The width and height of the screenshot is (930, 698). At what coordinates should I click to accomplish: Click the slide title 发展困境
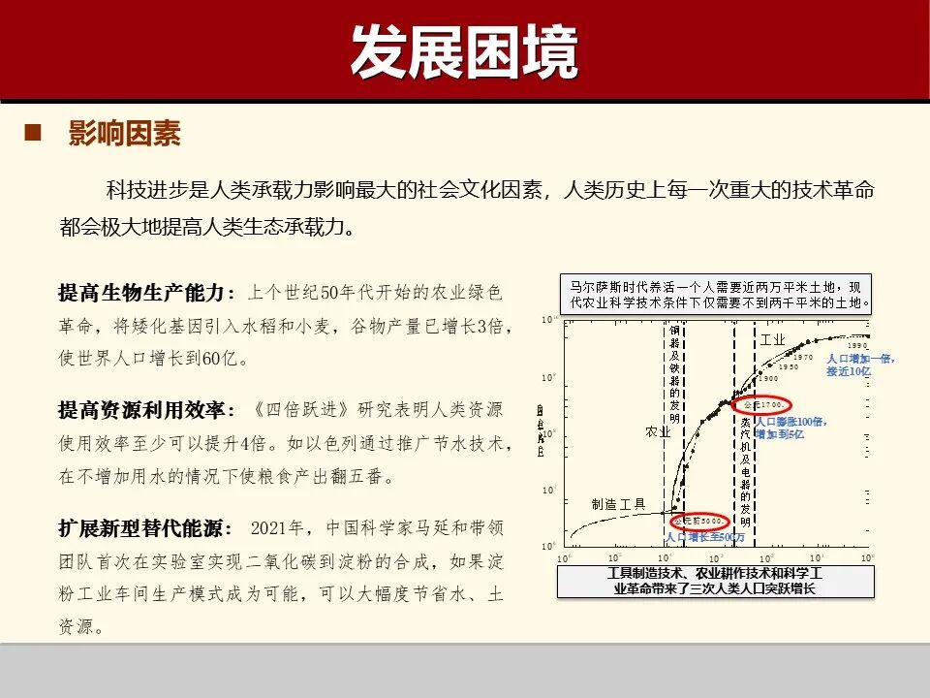(464, 51)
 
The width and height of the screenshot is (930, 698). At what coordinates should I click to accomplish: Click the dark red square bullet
(34, 133)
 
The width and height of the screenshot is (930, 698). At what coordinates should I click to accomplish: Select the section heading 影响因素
(124, 134)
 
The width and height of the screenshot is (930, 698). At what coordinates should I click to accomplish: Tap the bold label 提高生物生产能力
(146, 293)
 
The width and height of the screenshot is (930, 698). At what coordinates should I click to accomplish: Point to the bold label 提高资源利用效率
(146, 410)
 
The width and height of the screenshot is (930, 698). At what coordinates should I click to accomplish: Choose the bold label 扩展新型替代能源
(146, 528)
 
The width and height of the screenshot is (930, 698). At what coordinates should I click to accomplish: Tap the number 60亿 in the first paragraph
(226, 358)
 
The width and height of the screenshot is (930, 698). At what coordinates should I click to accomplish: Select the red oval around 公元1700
(761, 403)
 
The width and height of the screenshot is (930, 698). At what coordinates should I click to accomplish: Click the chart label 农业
(658, 432)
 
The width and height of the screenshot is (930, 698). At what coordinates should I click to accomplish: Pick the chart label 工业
(772, 340)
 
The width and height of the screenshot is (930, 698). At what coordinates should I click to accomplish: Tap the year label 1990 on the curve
(856, 346)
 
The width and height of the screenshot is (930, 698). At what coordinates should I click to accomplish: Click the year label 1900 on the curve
(768, 379)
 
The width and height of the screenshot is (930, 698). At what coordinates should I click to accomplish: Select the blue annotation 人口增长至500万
(705, 537)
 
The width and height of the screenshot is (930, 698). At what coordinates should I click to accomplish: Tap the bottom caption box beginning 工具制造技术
(716, 582)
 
